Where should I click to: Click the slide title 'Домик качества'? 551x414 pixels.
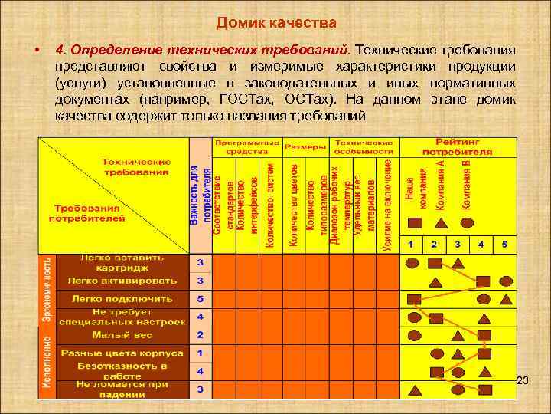click(x=276, y=22)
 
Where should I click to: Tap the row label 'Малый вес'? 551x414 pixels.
click(x=122, y=334)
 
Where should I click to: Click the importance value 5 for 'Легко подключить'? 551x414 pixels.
click(x=201, y=298)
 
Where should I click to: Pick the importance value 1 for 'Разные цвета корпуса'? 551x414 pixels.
click(x=201, y=353)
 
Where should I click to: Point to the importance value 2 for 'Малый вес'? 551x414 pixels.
click(x=201, y=334)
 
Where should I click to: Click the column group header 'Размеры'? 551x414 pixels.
click(x=305, y=146)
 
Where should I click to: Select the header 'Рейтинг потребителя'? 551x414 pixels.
click(x=458, y=146)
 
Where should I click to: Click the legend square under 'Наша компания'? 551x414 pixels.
click(x=414, y=223)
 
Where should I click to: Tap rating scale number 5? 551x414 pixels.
click(x=505, y=244)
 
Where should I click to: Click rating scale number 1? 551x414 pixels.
click(x=411, y=244)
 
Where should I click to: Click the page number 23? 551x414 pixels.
click(x=523, y=381)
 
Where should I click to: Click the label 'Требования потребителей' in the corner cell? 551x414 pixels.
click(x=86, y=212)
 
